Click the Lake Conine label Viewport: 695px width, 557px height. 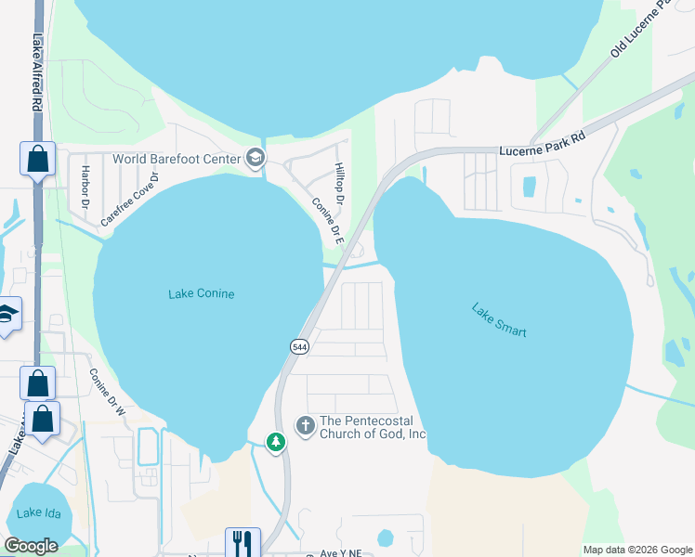tap(201, 294)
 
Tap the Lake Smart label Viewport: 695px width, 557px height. tap(499, 320)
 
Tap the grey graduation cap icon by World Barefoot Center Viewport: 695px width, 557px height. tap(254, 159)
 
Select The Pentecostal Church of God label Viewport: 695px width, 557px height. tap(373, 427)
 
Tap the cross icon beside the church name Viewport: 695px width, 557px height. tap(305, 426)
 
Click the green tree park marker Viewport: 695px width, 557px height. tap(275, 443)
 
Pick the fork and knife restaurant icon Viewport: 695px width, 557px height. tap(243, 542)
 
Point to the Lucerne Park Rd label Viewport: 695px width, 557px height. tap(542, 144)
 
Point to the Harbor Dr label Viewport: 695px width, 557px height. tap(85, 186)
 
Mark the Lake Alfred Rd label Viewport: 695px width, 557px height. tap(37, 74)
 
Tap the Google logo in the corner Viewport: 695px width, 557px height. tap(31, 547)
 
